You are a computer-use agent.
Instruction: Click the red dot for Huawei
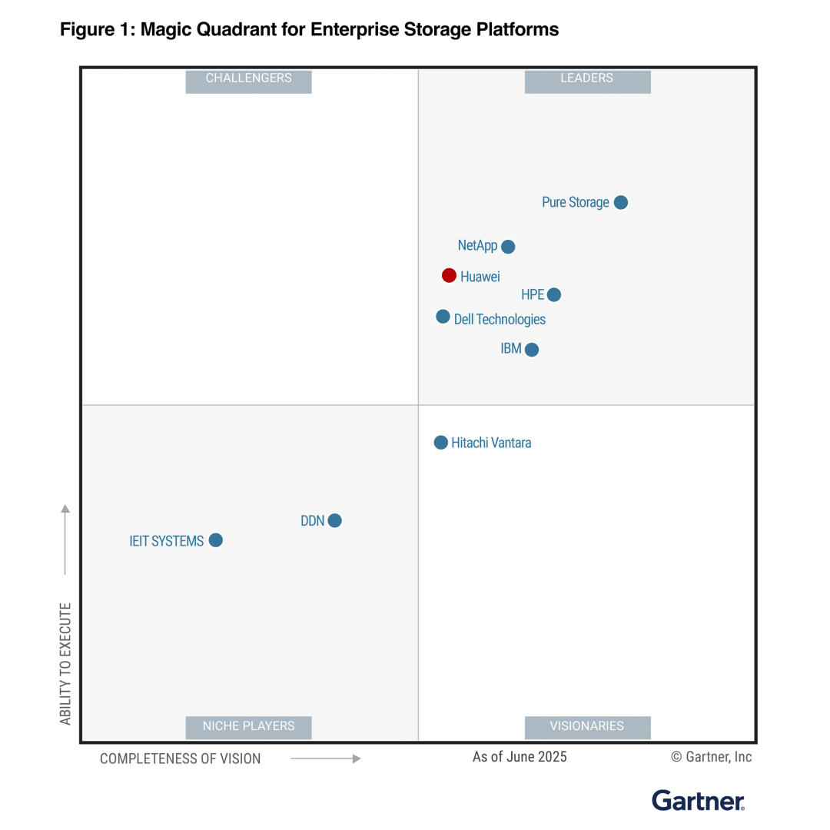(x=449, y=275)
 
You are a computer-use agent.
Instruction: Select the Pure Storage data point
(x=621, y=202)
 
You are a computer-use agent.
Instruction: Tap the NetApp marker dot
(x=508, y=247)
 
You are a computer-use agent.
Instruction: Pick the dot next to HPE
(x=554, y=294)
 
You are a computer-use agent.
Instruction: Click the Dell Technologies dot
(x=443, y=317)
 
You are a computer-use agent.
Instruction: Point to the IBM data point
(x=531, y=350)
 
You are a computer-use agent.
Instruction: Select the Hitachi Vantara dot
(x=440, y=443)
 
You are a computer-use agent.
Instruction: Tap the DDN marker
(x=334, y=520)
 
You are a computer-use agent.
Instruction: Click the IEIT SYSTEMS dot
(x=216, y=540)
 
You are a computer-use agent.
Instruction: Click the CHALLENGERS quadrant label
(x=248, y=78)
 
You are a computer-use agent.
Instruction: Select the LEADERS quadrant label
(x=587, y=78)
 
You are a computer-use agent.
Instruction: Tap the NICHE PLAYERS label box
(x=248, y=726)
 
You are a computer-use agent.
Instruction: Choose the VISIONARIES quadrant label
(x=587, y=726)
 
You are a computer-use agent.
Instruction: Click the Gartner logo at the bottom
(x=698, y=800)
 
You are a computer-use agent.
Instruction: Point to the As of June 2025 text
(x=520, y=757)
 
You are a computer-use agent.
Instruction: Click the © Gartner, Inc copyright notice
(x=711, y=757)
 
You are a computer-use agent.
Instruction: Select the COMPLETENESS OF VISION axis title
(x=181, y=759)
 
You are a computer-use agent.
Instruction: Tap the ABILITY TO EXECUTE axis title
(x=66, y=663)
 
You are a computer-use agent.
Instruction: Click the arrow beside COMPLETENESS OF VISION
(x=325, y=759)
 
